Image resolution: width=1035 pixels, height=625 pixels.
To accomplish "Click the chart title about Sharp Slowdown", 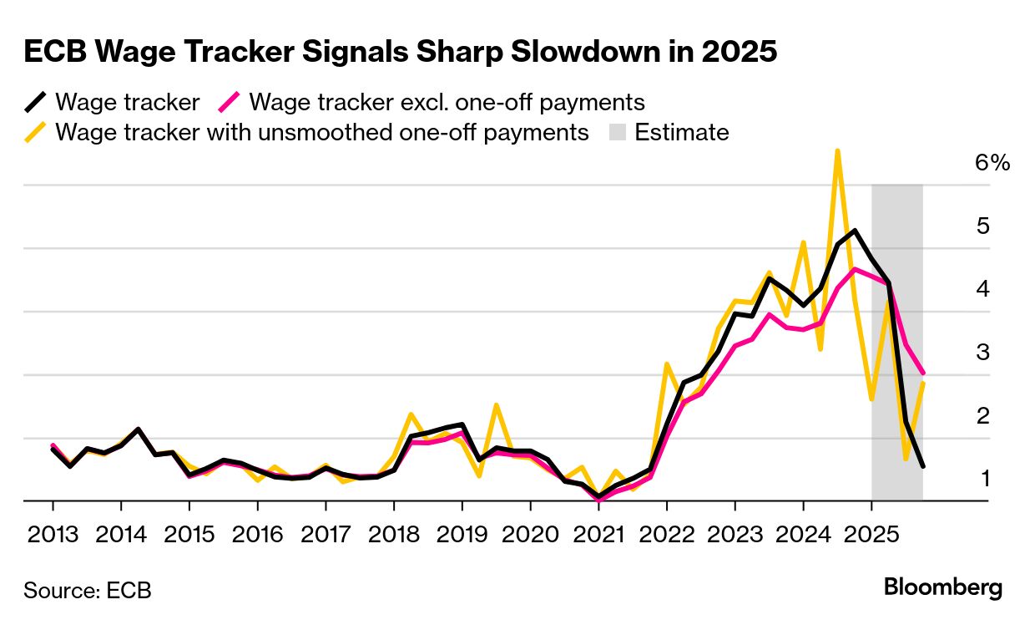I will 401,52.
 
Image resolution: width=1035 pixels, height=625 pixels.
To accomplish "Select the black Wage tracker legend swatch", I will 36,103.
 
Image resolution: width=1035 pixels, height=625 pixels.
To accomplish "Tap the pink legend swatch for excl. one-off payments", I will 230,103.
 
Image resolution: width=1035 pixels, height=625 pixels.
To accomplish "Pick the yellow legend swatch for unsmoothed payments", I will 36,132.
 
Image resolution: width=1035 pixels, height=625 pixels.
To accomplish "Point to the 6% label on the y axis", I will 992,163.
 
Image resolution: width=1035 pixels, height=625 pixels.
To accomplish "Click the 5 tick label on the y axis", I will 982,226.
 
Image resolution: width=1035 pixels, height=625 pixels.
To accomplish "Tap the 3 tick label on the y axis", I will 982,352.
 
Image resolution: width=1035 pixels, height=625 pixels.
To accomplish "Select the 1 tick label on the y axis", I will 982,479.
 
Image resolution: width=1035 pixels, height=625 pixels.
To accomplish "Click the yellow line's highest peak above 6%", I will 837,151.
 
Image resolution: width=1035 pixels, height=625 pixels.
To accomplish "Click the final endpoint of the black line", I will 922,466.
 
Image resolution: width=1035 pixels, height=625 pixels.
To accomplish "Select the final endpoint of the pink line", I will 922,373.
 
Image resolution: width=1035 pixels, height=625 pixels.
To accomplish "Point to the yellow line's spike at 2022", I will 667,364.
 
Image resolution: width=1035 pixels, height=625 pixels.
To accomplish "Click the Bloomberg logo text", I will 943,587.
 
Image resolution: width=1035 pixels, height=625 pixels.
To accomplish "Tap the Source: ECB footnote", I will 88,590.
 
